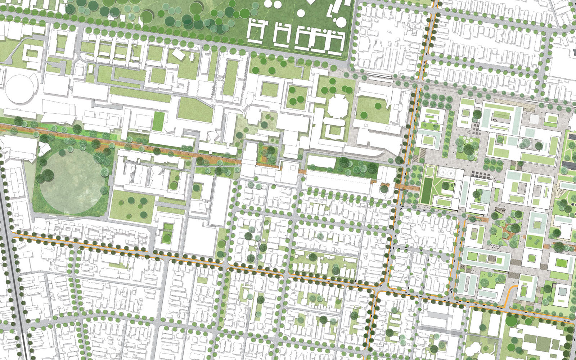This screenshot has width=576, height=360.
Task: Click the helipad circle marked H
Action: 442,172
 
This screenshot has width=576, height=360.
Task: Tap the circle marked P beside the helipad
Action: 451,172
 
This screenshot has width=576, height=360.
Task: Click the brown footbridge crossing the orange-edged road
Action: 407,186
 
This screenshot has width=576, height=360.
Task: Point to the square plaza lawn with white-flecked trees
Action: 468,148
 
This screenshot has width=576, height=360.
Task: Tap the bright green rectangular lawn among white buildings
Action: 158,121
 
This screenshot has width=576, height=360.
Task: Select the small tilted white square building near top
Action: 178,54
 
